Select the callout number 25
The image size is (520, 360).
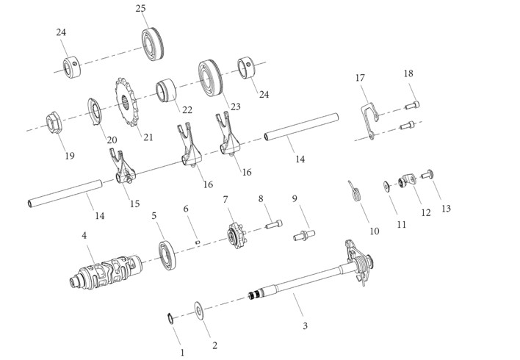pos(140,8)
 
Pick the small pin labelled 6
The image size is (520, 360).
pos(198,242)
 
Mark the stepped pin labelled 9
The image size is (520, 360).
pos(304,235)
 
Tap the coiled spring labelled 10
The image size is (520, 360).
pos(355,192)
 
